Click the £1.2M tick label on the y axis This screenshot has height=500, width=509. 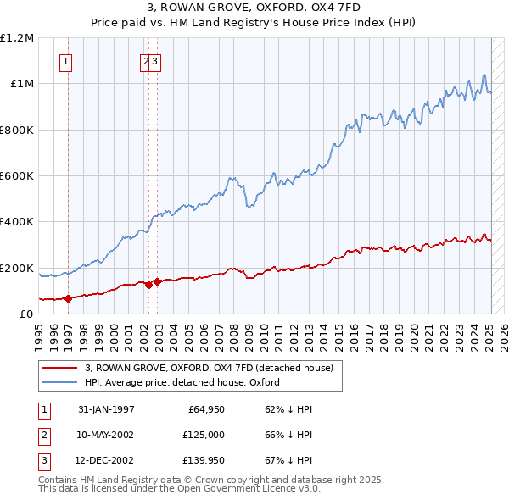[17, 38]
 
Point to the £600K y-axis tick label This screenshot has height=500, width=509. [17, 176]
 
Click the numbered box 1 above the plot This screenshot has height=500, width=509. [66, 60]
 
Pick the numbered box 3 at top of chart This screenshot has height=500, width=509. [156, 60]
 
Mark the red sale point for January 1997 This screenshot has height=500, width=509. [68, 298]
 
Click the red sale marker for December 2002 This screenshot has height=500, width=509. [157, 281]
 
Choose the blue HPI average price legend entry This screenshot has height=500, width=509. [182, 382]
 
